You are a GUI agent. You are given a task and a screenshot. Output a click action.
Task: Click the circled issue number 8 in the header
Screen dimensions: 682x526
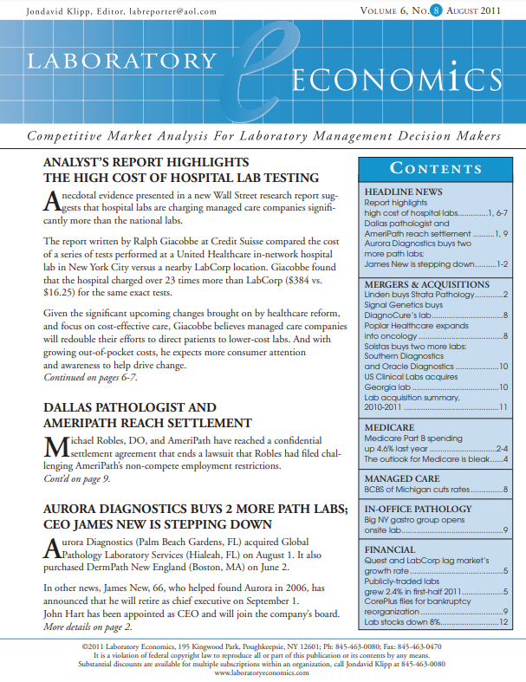click(x=436, y=11)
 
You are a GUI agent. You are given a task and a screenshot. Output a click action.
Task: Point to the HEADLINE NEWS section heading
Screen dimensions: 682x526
click(x=404, y=192)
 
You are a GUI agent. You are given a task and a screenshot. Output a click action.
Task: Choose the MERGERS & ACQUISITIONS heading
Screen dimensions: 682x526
click(x=427, y=284)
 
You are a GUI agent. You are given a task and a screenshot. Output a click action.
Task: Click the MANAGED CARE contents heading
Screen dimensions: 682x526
click(x=403, y=478)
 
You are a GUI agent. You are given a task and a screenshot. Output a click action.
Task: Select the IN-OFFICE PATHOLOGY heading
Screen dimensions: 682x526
click(x=418, y=510)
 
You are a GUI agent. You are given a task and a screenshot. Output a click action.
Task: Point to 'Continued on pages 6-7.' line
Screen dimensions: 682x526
click(x=94, y=378)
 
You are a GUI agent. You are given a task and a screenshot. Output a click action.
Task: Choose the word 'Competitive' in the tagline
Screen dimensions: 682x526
click(x=68, y=137)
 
